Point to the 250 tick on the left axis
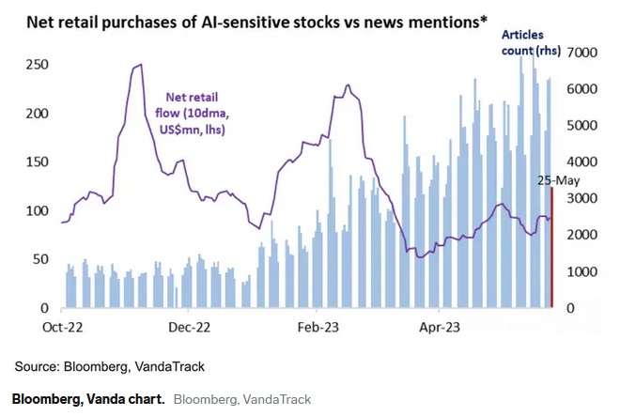click(37, 65)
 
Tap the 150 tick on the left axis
click(37, 162)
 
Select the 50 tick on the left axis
click(40, 259)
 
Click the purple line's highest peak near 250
click(139, 65)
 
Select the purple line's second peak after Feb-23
click(348, 85)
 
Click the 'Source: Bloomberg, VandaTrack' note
click(109, 365)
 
